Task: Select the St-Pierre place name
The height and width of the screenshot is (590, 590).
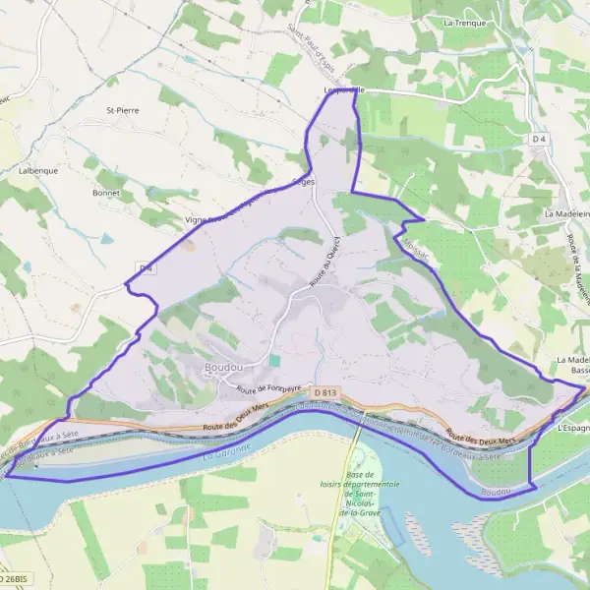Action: coord(123,110)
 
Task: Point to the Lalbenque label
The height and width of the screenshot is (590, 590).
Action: coord(37,170)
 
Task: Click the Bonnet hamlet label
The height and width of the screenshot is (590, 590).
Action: coord(105,193)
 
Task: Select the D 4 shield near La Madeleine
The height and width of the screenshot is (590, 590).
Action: coord(538,140)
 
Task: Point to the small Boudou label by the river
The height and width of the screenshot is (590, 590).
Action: coord(498,490)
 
